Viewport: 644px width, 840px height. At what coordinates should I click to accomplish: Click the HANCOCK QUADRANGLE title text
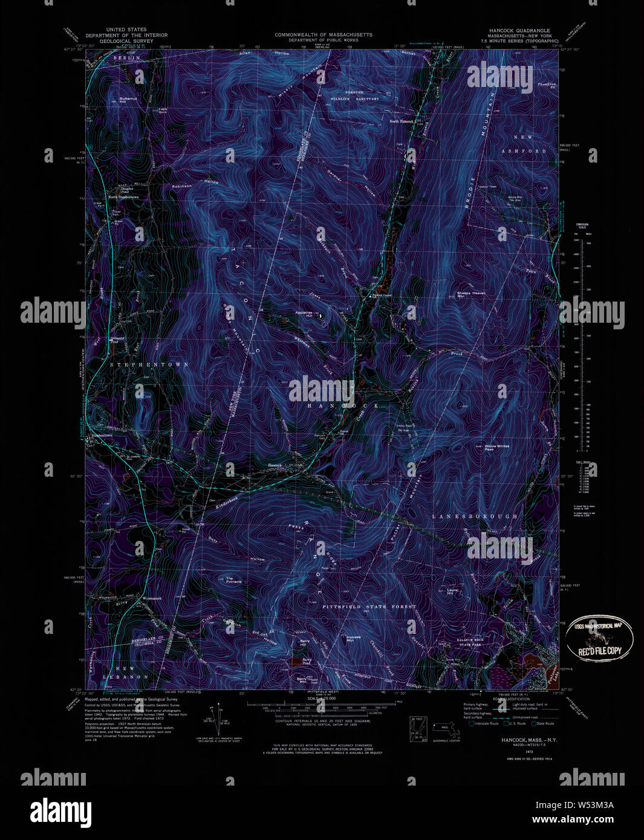pyautogui.click(x=519, y=30)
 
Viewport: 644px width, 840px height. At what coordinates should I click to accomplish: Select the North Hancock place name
pyautogui.click(x=401, y=121)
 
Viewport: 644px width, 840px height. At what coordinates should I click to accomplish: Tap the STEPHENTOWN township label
pyautogui.click(x=140, y=365)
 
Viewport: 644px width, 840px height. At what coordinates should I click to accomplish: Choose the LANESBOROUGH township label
pyautogui.click(x=475, y=517)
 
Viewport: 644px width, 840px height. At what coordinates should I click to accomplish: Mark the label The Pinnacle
pyautogui.click(x=233, y=580)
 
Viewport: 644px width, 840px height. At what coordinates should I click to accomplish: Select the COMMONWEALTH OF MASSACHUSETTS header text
pyautogui.click(x=324, y=35)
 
